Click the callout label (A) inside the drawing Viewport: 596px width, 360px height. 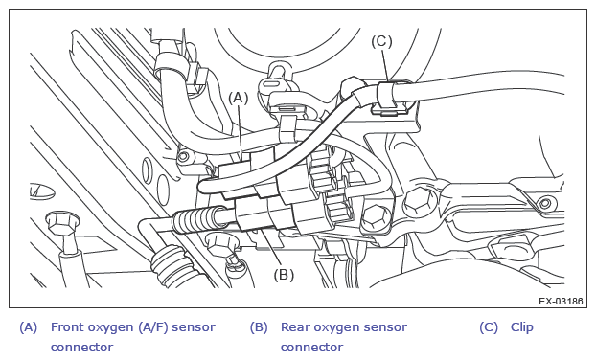(x=238, y=99)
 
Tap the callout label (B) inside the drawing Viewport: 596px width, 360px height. (x=284, y=275)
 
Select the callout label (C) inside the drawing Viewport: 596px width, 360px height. (x=381, y=41)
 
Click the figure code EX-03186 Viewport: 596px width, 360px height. (x=561, y=302)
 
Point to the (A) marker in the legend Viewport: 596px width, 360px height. (x=29, y=326)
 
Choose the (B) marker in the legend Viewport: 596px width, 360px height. (x=259, y=326)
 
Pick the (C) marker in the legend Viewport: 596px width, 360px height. (x=489, y=326)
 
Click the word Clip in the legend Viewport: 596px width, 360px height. (x=522, y=326)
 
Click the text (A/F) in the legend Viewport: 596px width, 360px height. (x=152, y=326)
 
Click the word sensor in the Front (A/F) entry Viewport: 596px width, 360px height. (x=194, y=327)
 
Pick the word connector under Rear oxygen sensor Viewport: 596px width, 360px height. (x=311, y=348)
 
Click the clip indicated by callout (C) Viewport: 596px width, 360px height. (x=387, y=98)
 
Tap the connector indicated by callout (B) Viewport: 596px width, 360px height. (x=266, y=216)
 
